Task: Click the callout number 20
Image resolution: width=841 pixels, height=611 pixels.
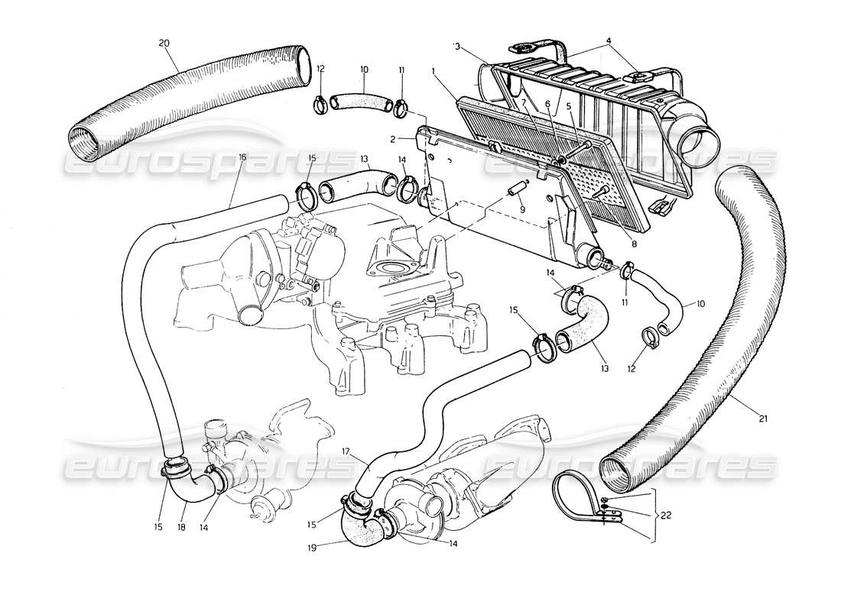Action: pyautogui.click(x=164, y=44)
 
